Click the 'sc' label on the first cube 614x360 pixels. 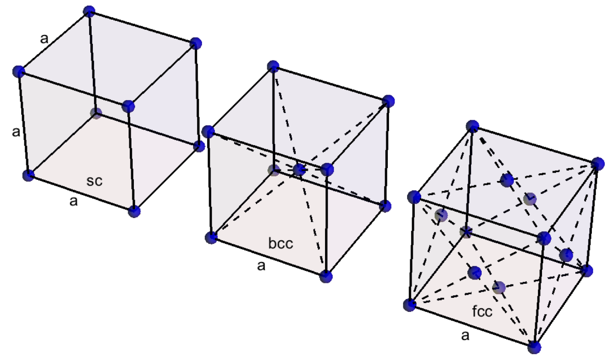click(94, 181)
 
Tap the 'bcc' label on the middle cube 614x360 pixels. click(281, 244)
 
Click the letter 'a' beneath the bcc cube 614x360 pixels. click(261, 266)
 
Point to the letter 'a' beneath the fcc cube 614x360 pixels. click(465, 335)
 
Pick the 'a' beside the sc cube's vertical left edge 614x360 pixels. click(16, 132)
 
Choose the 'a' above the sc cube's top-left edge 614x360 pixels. click(44, 38)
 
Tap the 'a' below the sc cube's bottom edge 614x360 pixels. click(74, 201)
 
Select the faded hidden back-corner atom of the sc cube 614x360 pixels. click(96, 113)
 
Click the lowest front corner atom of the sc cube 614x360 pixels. click(134, 211)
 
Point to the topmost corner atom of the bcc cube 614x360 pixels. click(273, 66)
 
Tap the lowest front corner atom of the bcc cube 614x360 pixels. click(326, 276)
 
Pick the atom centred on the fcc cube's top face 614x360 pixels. click(507, 180)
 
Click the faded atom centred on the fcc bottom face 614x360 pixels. click(499, 288)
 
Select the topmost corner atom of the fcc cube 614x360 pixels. click(472, 126)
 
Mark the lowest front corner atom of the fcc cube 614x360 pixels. click(534, 347)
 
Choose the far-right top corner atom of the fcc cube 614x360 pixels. click(598, 164)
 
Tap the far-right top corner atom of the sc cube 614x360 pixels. click(195, 43)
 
